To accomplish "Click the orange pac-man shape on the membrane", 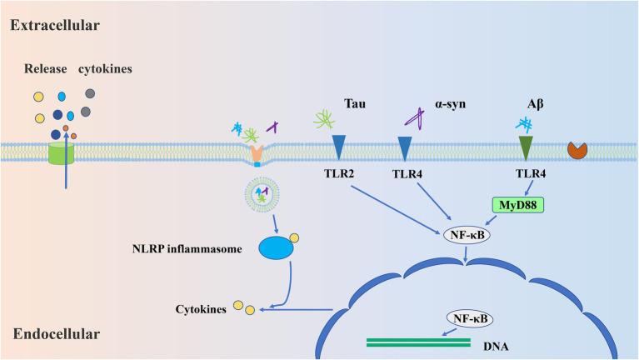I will click(577, 149).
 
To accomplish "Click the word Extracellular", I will click(54, 25).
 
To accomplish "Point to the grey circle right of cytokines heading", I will click(89, 93).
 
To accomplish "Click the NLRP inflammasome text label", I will click(183, 248).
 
